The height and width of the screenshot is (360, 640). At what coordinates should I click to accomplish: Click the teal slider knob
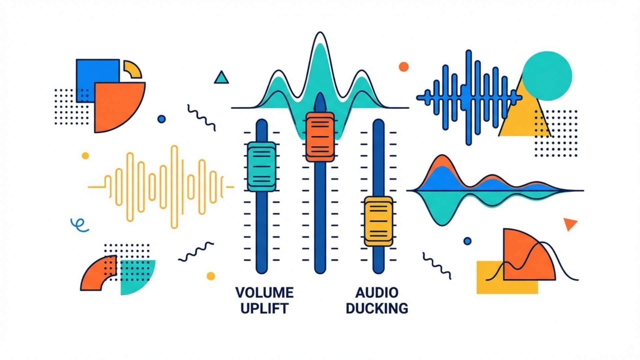pos(262,167)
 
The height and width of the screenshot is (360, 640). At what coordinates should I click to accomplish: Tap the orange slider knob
pos(320,137)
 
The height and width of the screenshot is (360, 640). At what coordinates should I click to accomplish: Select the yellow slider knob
pos(378,221)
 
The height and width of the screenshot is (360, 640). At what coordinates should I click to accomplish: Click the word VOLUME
pos(264,293)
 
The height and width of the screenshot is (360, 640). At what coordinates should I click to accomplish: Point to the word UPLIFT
pos(264,308)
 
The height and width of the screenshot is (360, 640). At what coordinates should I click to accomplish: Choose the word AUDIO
pos(377,293)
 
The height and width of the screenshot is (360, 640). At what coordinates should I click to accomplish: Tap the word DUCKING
pos(377,308)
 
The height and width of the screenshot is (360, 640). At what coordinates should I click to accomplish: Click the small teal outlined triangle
pos(221,78)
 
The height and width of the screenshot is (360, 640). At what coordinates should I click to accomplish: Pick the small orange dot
pos(404,67)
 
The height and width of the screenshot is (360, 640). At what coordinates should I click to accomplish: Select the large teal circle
pos(547,76)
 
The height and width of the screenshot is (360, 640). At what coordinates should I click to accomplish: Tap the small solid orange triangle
pos(569,224)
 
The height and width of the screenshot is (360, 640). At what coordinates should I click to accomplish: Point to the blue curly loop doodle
pos(79,225)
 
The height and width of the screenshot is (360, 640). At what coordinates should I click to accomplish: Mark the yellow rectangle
pos(490,283)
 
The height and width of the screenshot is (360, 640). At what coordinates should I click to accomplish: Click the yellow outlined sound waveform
pos(162,187)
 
